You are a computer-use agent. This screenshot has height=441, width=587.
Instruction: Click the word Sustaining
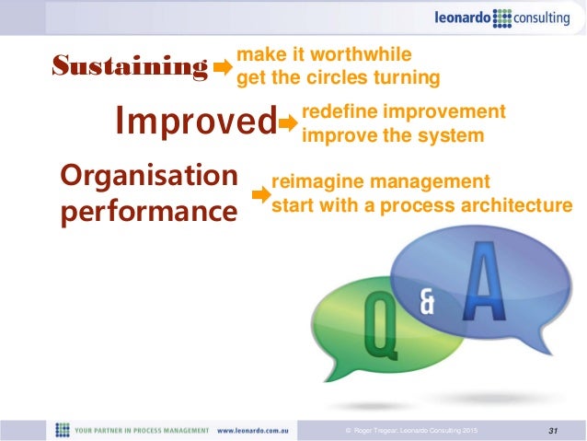[129, 66]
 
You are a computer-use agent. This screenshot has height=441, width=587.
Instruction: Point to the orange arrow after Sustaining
[224, 67]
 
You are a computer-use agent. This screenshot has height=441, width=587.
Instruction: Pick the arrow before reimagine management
[261, 195]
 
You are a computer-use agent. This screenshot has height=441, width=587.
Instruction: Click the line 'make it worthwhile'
[324, 54]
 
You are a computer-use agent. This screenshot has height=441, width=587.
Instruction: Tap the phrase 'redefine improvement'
[404, 112]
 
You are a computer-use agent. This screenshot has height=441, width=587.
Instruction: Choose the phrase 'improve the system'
[393, 135]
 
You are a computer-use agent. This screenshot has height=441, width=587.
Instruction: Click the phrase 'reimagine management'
[374, 181]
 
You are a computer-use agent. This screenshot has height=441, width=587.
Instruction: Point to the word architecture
[520, 204]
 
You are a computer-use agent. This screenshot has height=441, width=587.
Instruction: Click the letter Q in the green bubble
[376, 328]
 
